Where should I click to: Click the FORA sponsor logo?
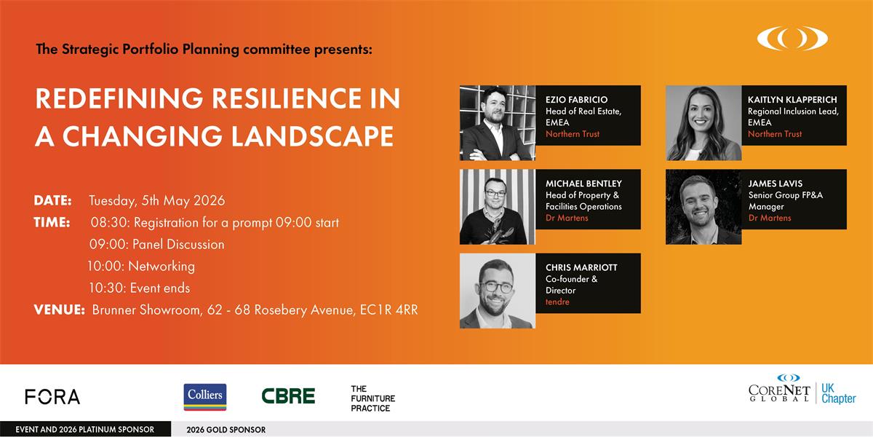tap(52, 397)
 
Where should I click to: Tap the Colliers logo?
tap(204, 397)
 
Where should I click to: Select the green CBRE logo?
tap(288, 396)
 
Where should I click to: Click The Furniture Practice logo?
tap(372, 398)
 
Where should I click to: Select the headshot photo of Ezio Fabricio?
tap(498, 123)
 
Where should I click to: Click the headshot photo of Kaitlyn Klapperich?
tap(703, 123)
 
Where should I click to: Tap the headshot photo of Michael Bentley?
tap(498, 207)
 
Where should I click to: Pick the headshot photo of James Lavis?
tap(703, 207)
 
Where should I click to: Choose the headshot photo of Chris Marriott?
tap(498, 291)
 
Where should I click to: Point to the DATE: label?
tap(52, 200)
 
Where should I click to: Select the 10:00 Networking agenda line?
tap(141, 266)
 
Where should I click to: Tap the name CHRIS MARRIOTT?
tap(581, 267)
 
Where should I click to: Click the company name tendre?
tap(558, 302)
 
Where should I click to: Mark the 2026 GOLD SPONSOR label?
tap(226, 430)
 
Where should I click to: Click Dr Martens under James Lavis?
tap(770, 219)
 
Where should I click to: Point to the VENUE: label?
tap(59, 310)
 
